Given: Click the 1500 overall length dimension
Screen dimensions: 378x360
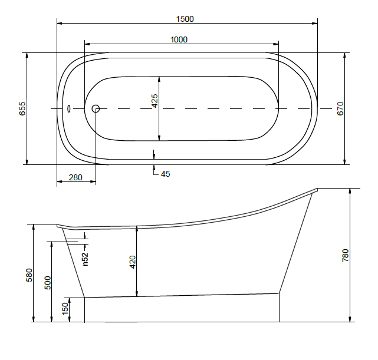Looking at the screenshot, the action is click(185, 19).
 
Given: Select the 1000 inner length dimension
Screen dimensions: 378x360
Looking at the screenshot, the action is click(179, 39).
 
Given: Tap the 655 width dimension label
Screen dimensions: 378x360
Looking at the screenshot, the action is click(22, 108).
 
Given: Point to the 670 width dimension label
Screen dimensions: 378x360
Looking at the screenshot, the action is click(340, 108).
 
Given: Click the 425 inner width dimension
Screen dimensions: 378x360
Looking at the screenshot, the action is click(155, 101).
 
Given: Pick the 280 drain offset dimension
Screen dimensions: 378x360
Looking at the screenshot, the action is click(75, 177).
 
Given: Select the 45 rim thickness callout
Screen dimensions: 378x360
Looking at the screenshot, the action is click(165, 174).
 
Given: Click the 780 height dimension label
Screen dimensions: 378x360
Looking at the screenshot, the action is click(346, 256).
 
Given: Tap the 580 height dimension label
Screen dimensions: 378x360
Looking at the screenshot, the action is click(29, 275).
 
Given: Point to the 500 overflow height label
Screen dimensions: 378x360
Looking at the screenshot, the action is click(48, 283).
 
